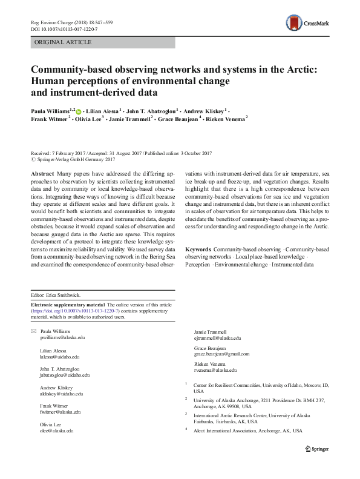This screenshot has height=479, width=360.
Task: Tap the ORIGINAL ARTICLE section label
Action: (64, 42)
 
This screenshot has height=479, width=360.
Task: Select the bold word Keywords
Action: (198, 266)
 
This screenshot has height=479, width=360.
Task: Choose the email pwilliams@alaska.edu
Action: (64, 338)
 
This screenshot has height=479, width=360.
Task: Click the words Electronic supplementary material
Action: (67, 304)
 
